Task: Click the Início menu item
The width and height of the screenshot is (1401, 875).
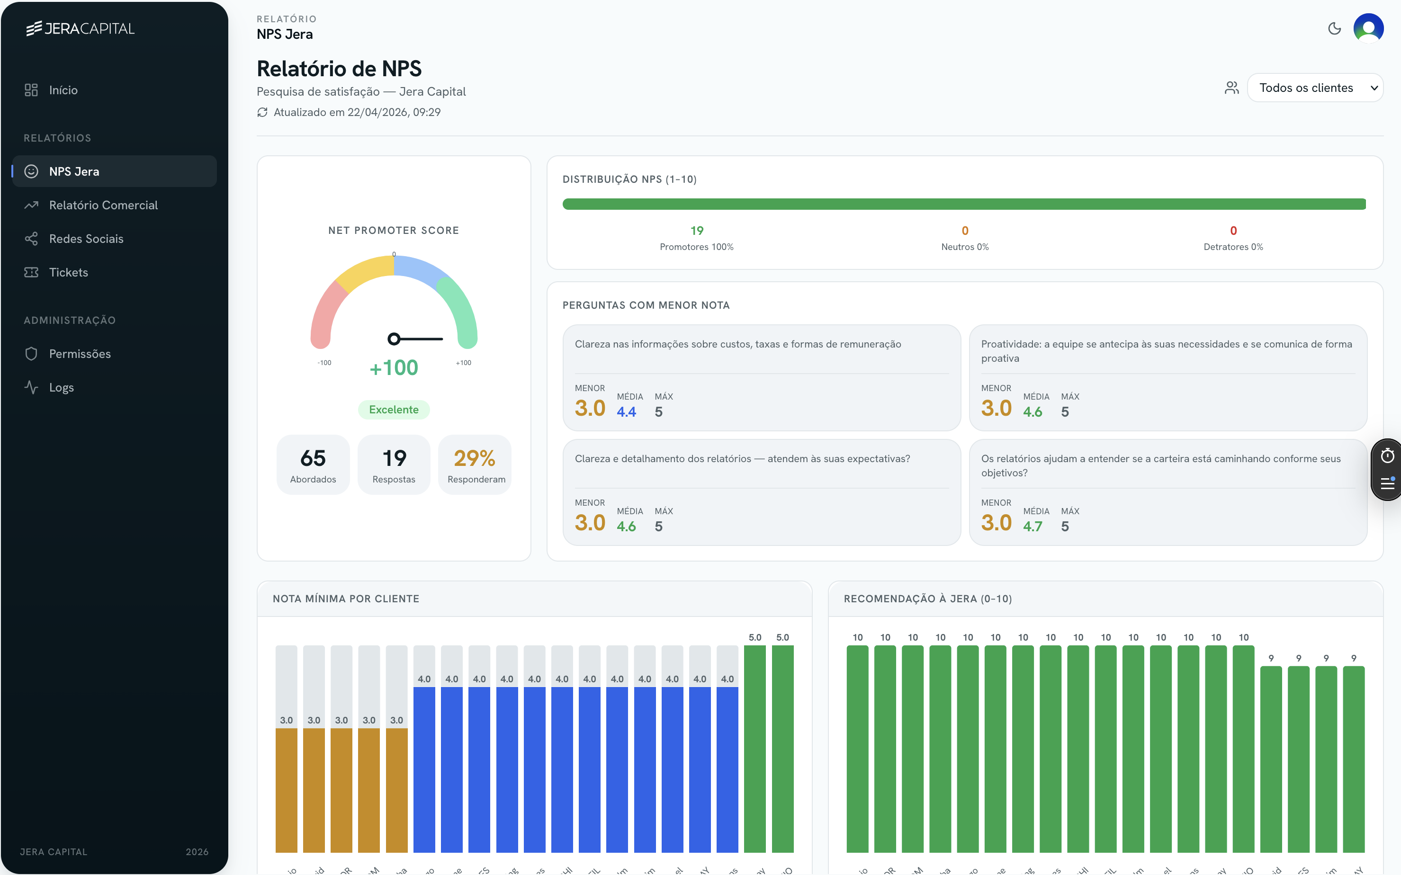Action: pyautogui.click(x=63, y=90)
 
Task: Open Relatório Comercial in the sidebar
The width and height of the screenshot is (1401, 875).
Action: pyautogui.click(x=103, y=205)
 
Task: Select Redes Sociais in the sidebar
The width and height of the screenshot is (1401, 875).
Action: pyautogui.click(x=86, y=239)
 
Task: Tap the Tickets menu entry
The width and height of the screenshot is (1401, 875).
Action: pyautogui.click(x=68, y=273)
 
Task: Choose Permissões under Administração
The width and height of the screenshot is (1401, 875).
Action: pyautogui.click(x=79, y=354)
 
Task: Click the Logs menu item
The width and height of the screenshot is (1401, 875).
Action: pyautogui.click(x=62, y=388)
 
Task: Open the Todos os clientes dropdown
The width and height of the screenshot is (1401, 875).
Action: pyautogui.click(x=1315, y=88)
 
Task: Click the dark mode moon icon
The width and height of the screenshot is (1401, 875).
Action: pyautogui.click(x=1334, y=28)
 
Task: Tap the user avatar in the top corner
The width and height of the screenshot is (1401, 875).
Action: pyautogui.click(x=1368, y=28)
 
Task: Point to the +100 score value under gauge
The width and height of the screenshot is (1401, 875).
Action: pyautogui.click(x=394, y=368)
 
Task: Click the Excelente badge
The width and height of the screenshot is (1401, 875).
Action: pyautogui.click(x=394, y=410)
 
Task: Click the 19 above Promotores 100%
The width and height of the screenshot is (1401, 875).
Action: pyautogui.click(x=696, y=231)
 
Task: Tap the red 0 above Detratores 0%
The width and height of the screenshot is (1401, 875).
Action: pyautogui.click(x=1233, y=231)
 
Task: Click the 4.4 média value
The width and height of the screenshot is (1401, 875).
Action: pyautogui.click(x=627, y=412)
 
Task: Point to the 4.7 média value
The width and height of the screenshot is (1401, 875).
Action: pyautogui.click(x=1032, y=527)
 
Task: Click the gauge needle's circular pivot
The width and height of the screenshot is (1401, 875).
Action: pyautogui.click(x=394, y=339)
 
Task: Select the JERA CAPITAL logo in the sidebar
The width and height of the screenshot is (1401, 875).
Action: pyautogui.click(x=81, y=28)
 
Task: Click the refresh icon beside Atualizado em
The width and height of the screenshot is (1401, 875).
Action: pyautogui.click(x=262, y=112)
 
